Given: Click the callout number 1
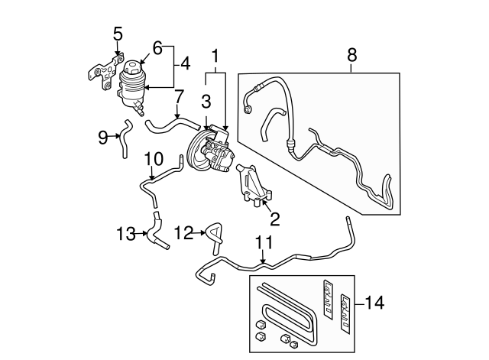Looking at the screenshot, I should point(215,56).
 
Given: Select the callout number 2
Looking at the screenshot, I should point(275,220).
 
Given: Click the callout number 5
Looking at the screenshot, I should point(118,34).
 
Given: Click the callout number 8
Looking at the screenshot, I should point(351,55).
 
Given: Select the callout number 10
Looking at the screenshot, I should point(154,159).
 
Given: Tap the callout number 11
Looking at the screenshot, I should point(263,244).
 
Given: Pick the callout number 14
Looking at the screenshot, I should point(374,303).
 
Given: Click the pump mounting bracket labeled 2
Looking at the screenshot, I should point(253,187).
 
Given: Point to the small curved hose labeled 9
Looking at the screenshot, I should point(121,138).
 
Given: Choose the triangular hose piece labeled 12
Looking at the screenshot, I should point(213,233).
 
